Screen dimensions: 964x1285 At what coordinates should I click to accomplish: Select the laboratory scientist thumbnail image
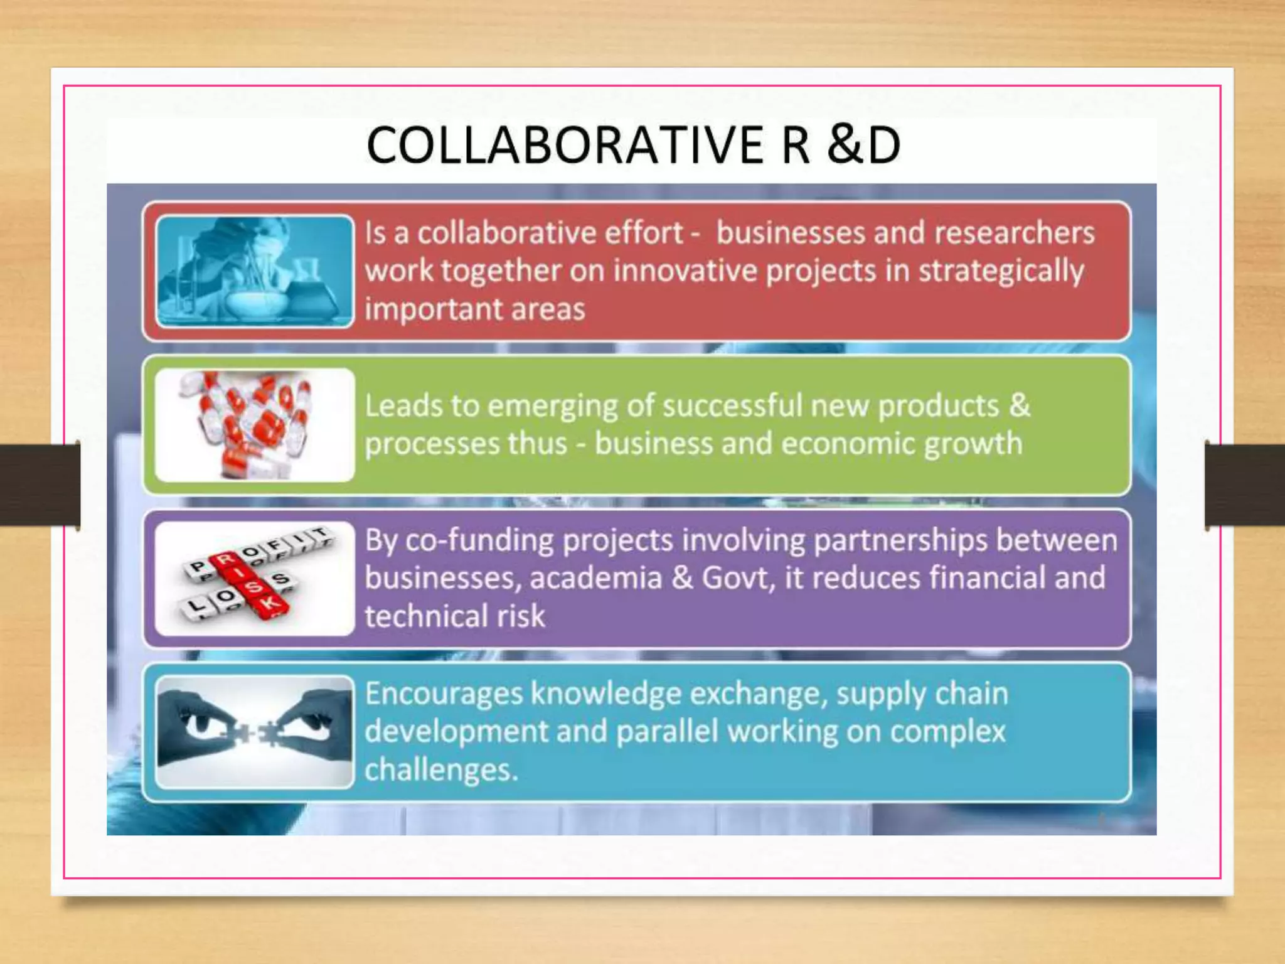click(x=255, y=271)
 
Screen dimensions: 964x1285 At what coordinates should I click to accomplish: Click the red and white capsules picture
click(x=255, y=425)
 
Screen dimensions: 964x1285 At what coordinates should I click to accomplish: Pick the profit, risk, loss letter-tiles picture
click(x=255, y=578)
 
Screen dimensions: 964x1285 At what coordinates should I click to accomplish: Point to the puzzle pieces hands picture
click(x=255, y=732)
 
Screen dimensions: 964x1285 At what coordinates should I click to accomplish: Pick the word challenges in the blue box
click(x=441, y=770)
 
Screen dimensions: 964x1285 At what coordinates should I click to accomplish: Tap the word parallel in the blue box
click(x=666, y=732)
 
